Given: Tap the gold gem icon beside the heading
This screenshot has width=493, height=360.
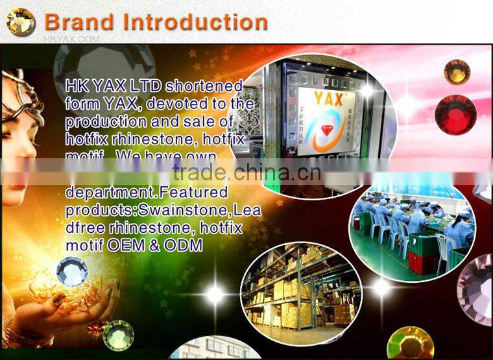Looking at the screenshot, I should click(21, 21).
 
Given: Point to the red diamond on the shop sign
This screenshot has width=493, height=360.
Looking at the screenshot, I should click(328, 130).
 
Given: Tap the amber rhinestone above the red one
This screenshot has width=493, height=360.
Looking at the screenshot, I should click(457, 72).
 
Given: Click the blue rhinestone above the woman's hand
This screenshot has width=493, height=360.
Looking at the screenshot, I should click(71, 270).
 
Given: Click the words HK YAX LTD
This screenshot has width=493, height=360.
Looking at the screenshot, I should click(114, 86).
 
